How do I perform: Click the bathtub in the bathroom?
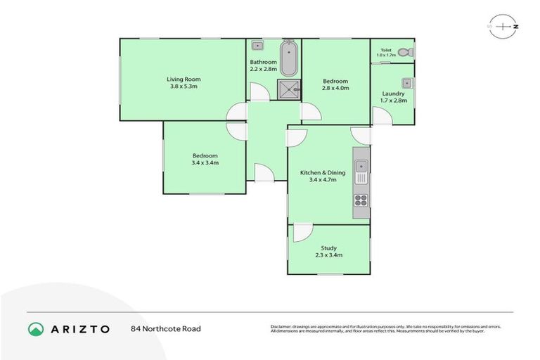click(x=289, y=59)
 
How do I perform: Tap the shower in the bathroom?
click(x=288, y=89)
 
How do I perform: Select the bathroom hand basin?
click(x=257, y=47)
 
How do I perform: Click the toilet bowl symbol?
click(x=404, y=51)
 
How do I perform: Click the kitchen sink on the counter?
click(x=361, y=167)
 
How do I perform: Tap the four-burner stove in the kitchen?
click(x=361, y=200)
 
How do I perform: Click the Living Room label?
click(x=184, y=79)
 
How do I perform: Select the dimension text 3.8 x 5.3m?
click(x=184, y=86)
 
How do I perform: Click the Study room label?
click(x=328, y=247)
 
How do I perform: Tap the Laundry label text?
click(x=393, y=94)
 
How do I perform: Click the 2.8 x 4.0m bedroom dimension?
click(x=335, y=89)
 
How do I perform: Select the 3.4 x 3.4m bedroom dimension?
click(x=205, y=162)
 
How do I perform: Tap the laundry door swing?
click(x=382, y=117)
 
